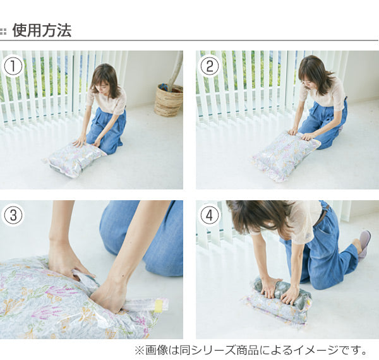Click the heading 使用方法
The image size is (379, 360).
click(x=42, y=30)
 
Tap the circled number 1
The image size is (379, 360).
click(x=13, y=66)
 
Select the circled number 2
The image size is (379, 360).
click(x=209, y=66)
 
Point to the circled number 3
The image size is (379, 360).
click(x=13, y=215)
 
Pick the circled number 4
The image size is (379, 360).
click(x=209, y=215)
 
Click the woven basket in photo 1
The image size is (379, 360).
click(x=169, y=100)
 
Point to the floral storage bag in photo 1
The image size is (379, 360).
click(x=75, y=159)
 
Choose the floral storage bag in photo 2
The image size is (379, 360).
click(x=286, y=155)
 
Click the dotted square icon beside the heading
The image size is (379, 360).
click(x=3, y=32)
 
